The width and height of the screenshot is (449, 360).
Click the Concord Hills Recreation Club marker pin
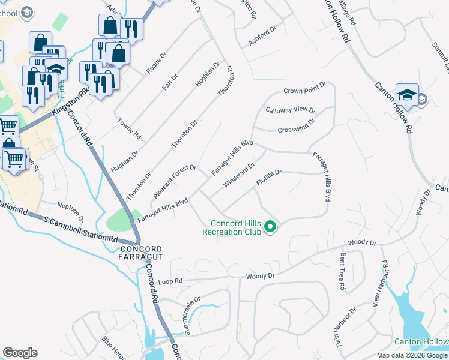[x=270, y=226]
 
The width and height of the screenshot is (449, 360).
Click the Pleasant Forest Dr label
[x=175, y=178]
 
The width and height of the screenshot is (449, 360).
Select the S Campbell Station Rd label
[x=81, y=230]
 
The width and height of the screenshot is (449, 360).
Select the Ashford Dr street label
[x=261, y=37]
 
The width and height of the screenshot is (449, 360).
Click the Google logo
[x=20, y=353]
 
